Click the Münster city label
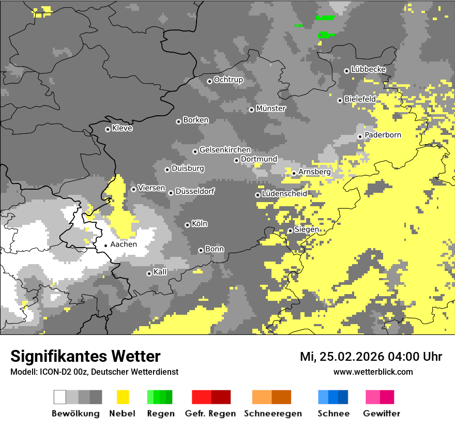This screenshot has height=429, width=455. click(270, 109)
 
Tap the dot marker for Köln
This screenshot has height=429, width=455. click(187, 225)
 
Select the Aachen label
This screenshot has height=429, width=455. click(124, 244)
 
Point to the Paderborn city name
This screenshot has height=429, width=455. click(383, 135)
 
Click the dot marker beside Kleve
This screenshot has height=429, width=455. click(108, 129)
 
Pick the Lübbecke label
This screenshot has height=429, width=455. click(368, 69)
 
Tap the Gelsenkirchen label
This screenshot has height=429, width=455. click(225, 150)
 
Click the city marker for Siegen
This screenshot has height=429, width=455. click(290, 231)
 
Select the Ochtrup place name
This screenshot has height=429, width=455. click(228, 80)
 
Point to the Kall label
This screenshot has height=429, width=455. click(160, 272)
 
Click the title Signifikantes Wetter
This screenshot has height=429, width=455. click(85, 356)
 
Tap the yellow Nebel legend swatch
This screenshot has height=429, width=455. click(123, 397)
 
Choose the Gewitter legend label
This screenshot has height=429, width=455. click(381, 413)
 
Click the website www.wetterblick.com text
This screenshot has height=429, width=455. click(373, 372)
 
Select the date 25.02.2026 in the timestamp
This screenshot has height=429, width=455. click(350, 357)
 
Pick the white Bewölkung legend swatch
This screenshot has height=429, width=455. click(60, 397)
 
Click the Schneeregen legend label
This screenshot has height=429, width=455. click(273, 413)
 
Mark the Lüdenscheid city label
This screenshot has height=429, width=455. click(284, 194)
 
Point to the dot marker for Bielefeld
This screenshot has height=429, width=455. click(340, 100)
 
